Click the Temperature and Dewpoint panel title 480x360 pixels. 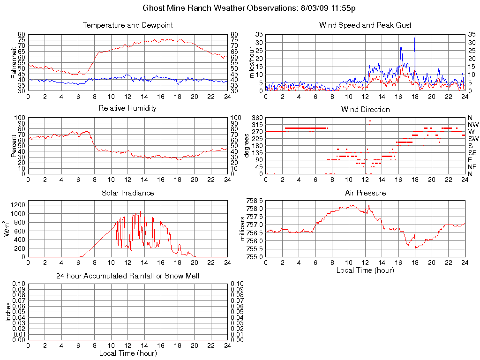127,25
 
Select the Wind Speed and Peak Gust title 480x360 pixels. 365,25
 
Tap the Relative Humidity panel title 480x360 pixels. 127,108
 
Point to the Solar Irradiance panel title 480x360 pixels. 127,193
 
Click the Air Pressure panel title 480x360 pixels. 365,193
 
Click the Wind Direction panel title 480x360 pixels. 365,109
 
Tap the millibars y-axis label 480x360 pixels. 243,229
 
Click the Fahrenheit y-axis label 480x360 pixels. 14,62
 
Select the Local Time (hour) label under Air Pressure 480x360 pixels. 365,270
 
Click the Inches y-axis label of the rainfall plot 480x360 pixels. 8,312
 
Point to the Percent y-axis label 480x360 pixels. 14,146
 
